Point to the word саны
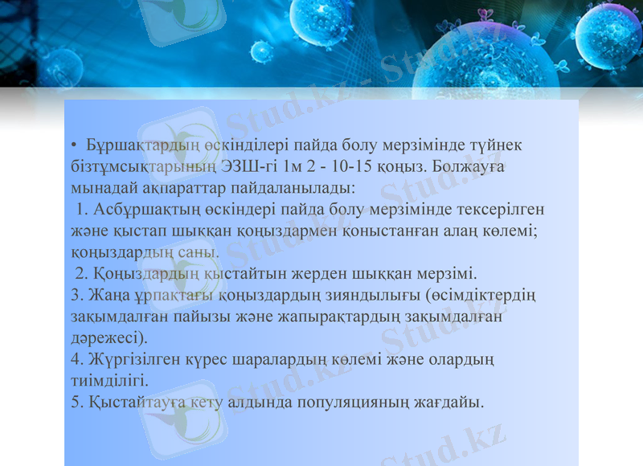click(x=200, y=251)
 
